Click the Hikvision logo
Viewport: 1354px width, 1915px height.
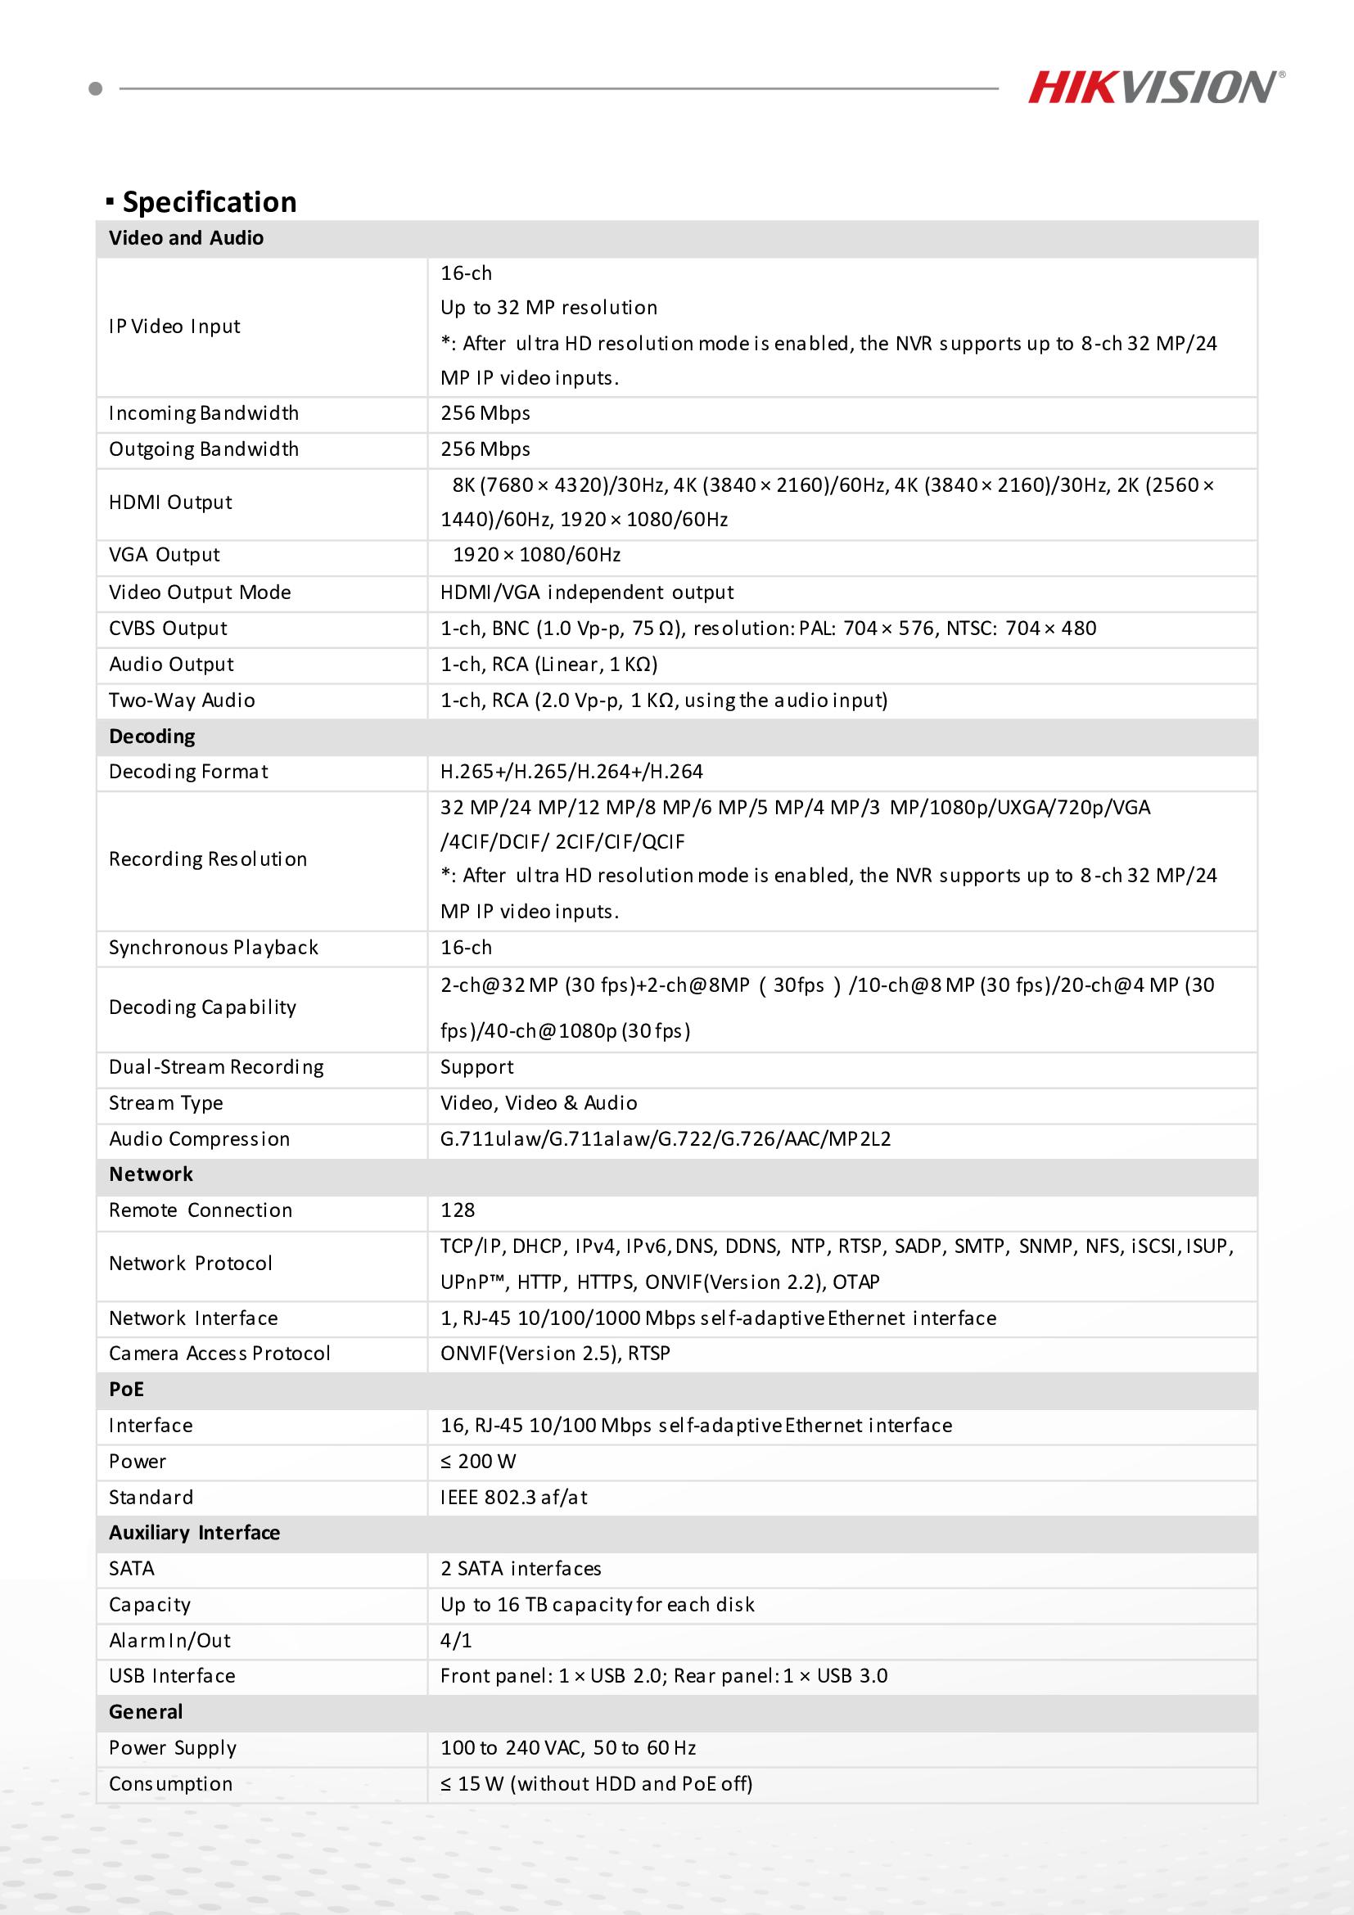pos(1155,88)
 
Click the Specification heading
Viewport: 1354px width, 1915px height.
pos(209,202)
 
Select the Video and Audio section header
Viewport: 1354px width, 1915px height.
pos(186,238)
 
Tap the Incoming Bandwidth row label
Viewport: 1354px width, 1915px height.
pos(204,414)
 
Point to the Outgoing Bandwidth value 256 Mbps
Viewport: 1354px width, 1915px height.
pos(485,449)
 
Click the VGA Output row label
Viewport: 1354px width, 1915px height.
pos(165,556)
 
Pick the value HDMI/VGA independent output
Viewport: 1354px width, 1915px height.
pos(587,593)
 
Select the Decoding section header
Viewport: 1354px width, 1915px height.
pos(151,737)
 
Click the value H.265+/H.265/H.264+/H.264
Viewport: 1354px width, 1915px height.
pos(571,773)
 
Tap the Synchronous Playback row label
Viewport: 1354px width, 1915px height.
pos(214,948)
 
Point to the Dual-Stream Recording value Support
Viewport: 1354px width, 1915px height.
pos(477,1068)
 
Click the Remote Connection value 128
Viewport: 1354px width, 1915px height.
pos(458,1211)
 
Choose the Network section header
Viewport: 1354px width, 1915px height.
pos(151,1174)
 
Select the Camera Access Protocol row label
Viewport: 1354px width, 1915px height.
pos(219,1354)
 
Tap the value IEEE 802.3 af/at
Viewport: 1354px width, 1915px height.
pos(514,1497)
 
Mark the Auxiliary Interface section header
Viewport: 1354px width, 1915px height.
pos(194,1533)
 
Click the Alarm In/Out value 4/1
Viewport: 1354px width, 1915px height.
pos(456,1641)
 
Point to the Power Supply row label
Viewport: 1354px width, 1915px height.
pos(173,1747)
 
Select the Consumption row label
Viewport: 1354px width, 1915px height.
pos(171,1783)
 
